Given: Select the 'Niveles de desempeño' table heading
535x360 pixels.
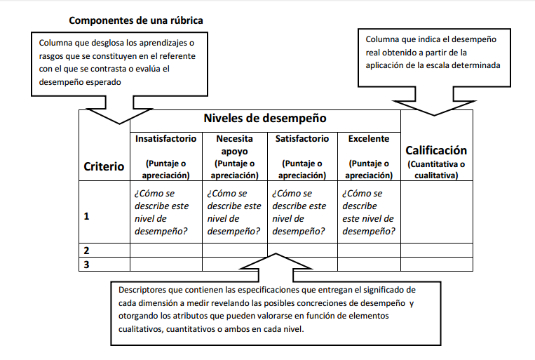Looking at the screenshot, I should (264, 119).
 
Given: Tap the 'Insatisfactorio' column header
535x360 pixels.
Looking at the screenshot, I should (165, 139).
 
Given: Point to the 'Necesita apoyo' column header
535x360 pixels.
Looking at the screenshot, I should (234, 145).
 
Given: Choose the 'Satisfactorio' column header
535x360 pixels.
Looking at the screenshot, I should (302, 139).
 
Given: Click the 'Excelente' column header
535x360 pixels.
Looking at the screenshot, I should (368, 139).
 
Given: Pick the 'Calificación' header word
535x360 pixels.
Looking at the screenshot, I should (436, 150).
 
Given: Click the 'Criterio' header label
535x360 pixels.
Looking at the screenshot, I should (104, 166).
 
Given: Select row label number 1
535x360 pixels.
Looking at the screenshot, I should (86, 216).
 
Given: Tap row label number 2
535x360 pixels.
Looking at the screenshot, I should (86, 250).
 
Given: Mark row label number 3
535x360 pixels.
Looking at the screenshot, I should (86, 264).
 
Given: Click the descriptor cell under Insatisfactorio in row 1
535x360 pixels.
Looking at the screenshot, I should (165, 212).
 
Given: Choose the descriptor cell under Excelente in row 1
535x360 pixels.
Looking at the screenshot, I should (368, 212).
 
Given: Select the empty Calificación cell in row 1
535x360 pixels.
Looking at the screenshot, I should (436, 212).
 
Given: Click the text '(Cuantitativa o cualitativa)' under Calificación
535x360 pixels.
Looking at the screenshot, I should (436, 170).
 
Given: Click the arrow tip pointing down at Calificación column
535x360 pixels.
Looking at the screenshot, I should (435, 114).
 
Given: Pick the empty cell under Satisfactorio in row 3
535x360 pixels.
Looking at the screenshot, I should (302, 264).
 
